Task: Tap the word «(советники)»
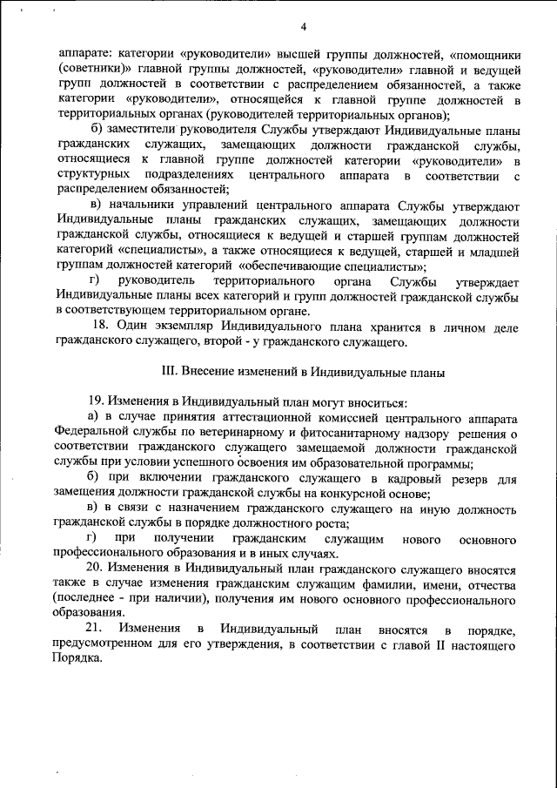[x=92, y=68]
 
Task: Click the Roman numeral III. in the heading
[x=171, y=373]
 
